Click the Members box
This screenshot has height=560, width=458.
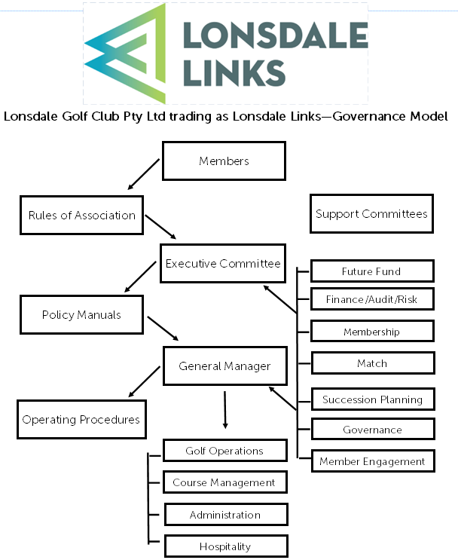point(224,161)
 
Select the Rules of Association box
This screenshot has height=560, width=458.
point(82,215)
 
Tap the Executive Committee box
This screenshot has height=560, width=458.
point(223,263)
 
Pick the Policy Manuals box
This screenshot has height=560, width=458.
point(81,314)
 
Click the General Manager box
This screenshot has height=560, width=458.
point(224,366)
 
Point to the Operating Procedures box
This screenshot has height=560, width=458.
point(81,419)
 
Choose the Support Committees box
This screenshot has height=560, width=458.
point(371,213)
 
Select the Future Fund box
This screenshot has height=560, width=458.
point(372,271)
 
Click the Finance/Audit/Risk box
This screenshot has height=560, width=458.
point(372,299)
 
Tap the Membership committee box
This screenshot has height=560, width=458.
point(372,332)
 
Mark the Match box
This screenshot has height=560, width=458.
point(372,363)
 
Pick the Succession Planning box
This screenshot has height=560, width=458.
point(372,399)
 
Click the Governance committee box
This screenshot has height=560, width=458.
point(372,430)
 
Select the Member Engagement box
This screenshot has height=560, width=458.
point(372,461)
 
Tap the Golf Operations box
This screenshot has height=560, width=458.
point(224,451)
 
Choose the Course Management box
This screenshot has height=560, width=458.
point(224,482)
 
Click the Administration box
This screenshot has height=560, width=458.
point(224,515)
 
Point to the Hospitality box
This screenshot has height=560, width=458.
point(224,546)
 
